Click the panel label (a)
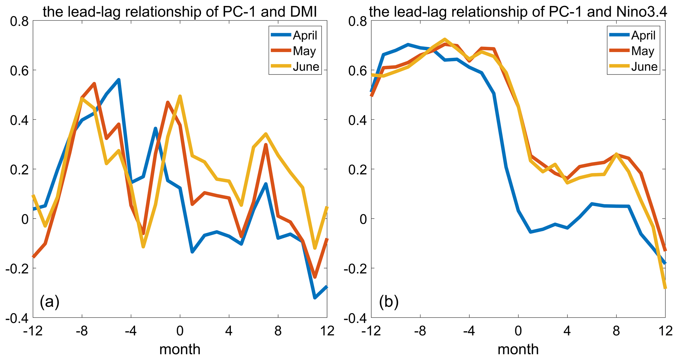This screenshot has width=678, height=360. pyautogui.click(x=50, y=302)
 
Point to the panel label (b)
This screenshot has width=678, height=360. pyautogui.click(x=389, y=302)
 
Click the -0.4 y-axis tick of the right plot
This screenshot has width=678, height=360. pyautogui.click(x=355, y=318)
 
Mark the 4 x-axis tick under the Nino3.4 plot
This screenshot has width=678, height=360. pyautogui.click(x=567, y=331)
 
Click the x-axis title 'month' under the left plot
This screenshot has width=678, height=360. pyautogui.click(x=180, y=349)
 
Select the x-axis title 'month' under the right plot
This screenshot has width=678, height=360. pyautogui.click(x=518, y=349)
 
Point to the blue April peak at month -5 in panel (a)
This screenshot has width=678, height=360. pyautogui.click(x=118, y=80)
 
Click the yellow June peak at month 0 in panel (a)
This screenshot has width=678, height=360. pyautogui.click(x=180, y=96)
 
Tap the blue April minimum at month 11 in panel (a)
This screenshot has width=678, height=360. pyautogui.click(x=315, y=298)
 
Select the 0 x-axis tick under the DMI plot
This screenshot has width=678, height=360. pyautogui.click(x=180, y=331)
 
